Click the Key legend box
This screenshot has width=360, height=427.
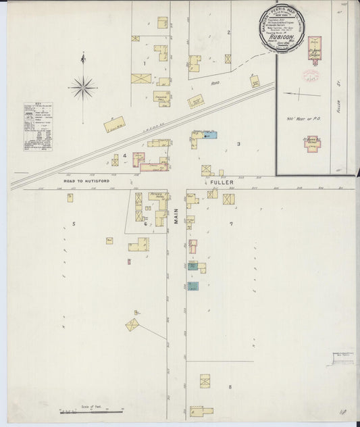pos(38,126)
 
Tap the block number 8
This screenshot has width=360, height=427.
pos(230,386)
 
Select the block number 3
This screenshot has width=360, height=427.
pos(238,144)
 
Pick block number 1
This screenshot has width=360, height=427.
pos(145,64)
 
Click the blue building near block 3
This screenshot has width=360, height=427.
pos(209,135)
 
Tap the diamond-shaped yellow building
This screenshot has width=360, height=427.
pos(133,324)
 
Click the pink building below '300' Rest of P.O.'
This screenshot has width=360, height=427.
pos(313,143)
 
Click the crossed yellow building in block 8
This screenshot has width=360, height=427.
pos(205,381)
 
